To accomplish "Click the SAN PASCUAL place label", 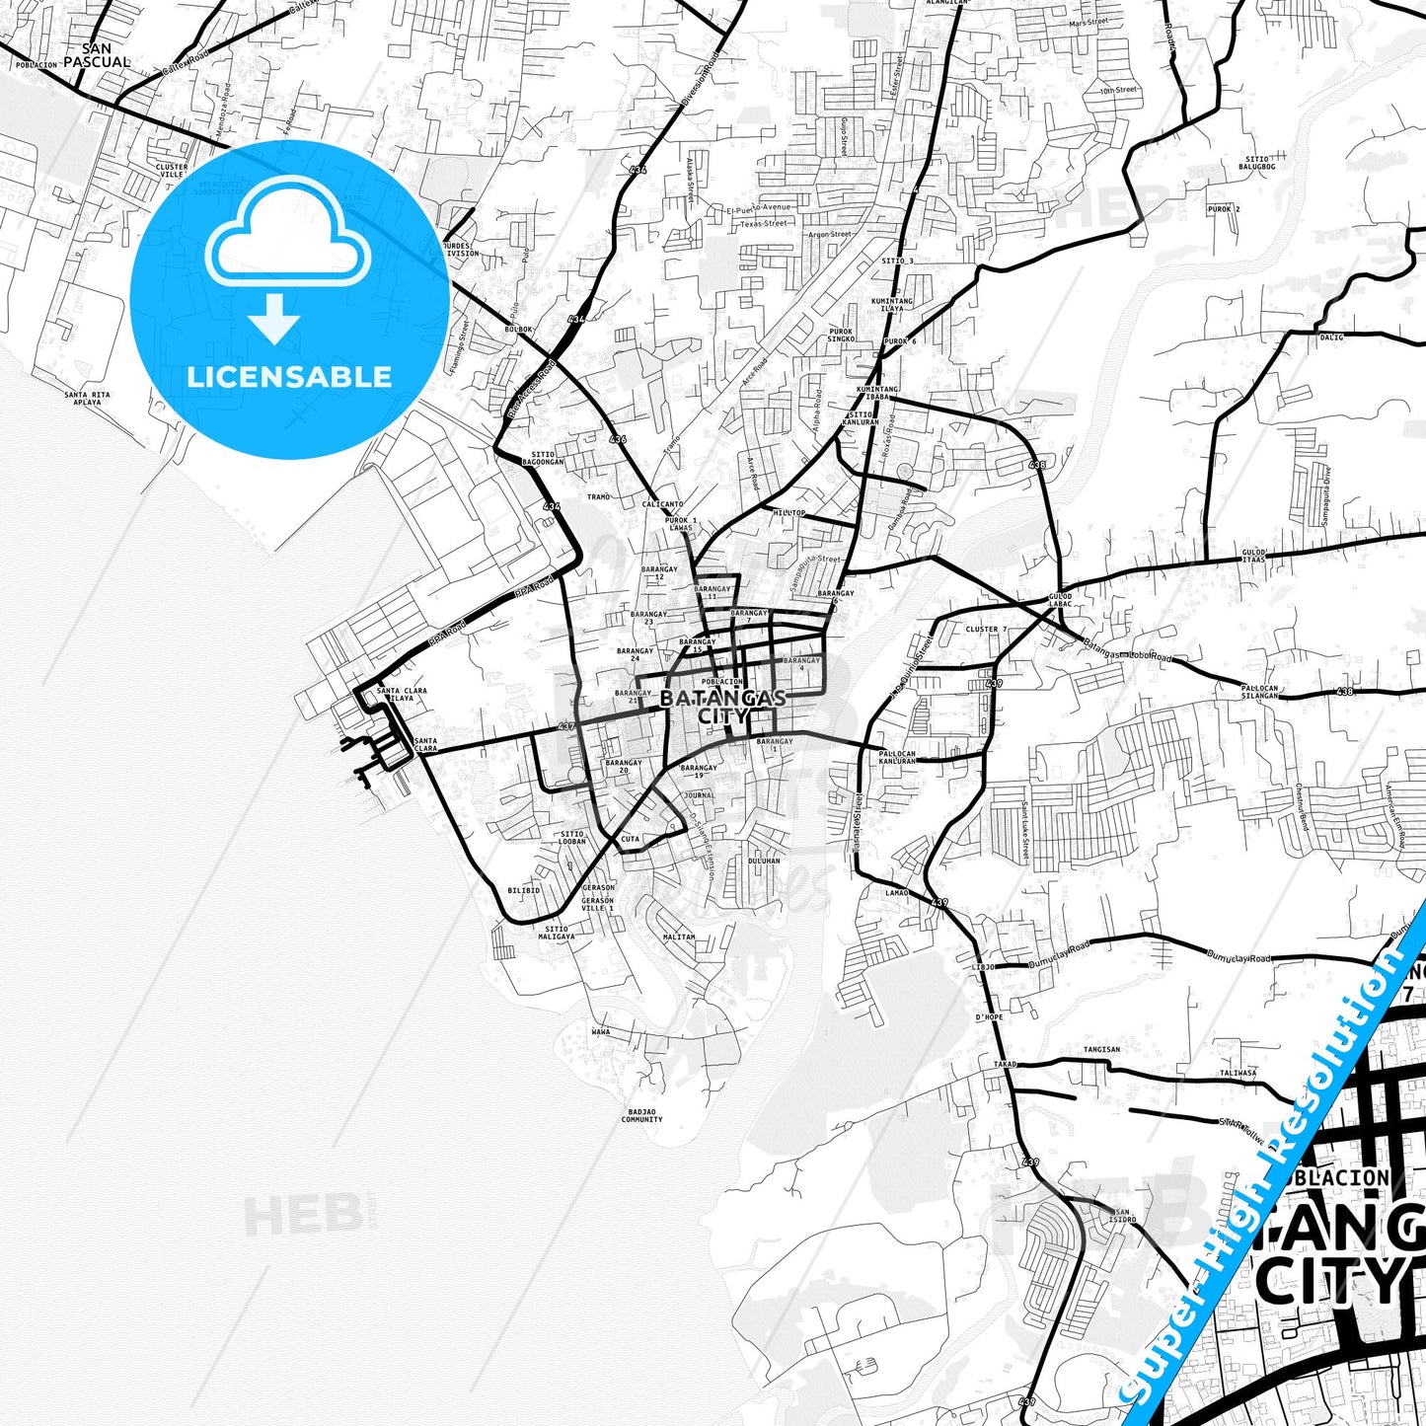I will [x=97, y=55].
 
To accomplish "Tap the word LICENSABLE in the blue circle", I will [x=289, y=377].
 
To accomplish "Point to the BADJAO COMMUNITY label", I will [x=641, y=1116].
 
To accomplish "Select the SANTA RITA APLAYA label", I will [x=88, y=399].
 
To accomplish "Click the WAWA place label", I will [x=601, y=1032].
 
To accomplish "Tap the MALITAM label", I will [x=679, y=937].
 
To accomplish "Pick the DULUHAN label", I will [x=764, y=861].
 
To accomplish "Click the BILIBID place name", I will [x=524, y=890].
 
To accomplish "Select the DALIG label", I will [x=1331, y=337].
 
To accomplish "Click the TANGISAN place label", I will [x=1101, y=1050].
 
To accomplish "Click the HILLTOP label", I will [x=788, y=513].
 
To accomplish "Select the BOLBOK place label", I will [x=518, y=329].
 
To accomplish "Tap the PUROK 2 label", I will [x=1224, y=209].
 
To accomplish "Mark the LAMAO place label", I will [x=897, y=892].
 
